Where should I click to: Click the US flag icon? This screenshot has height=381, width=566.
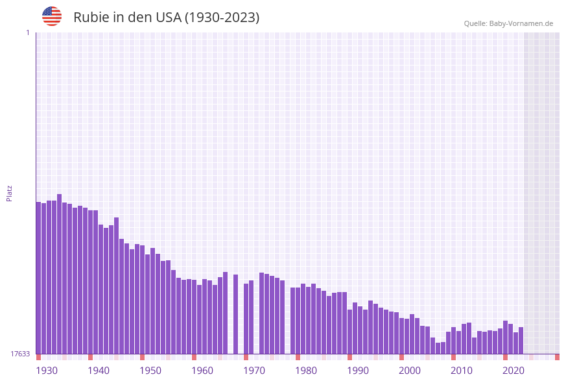coord(52,16)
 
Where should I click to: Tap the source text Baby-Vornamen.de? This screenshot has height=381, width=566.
coord(521,23)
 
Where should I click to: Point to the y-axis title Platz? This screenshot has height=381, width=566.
coord(9,193)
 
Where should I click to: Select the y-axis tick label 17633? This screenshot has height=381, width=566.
coord(20,354)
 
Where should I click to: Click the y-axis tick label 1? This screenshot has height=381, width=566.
coord(27,32)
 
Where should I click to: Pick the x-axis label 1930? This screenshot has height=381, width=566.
coord(47,370)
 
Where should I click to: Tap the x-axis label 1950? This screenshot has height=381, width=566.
coord(150,370)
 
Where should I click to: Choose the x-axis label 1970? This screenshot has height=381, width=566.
coord(254,370)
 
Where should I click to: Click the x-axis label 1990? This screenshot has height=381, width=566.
coord(358,370)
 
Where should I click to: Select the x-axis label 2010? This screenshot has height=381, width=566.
coord(462,370)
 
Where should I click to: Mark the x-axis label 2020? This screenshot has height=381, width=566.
coord(513,370)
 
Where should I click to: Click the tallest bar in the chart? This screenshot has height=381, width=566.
coord(60,273)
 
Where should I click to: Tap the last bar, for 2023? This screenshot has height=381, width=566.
coord(521,340)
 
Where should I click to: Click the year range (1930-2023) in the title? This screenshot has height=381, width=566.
coord(222,18)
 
